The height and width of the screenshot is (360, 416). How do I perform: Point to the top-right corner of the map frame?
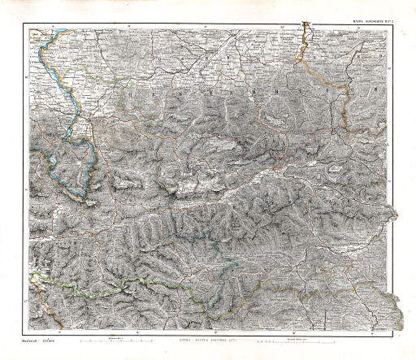pos(400,24)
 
